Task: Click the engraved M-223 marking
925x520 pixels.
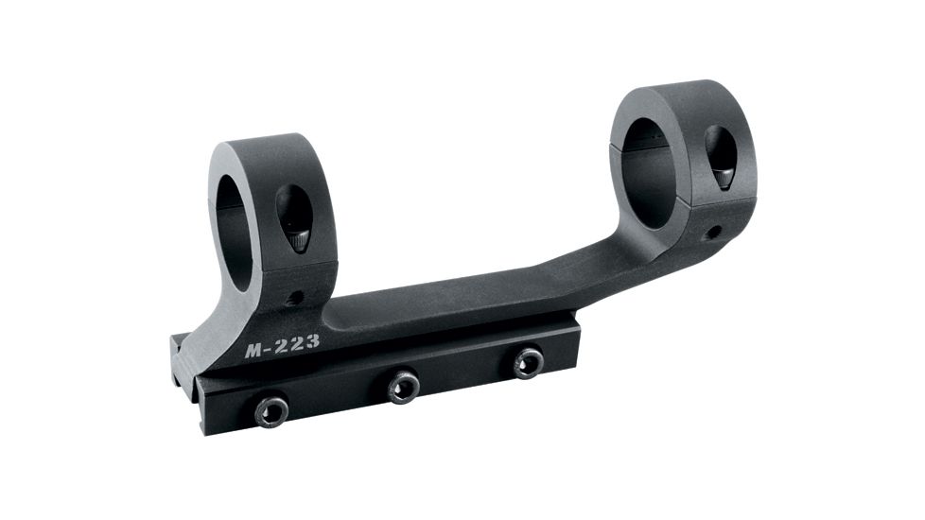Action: coord(282,346)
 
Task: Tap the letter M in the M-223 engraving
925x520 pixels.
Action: coord(254,350)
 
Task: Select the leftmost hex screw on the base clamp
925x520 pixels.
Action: coord(271,411)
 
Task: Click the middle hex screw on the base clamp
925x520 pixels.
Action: coord(404,386)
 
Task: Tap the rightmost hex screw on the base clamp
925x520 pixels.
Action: coord(528,362)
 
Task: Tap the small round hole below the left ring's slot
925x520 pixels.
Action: coord(296,298)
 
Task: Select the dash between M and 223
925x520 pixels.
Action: coord(270,348)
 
